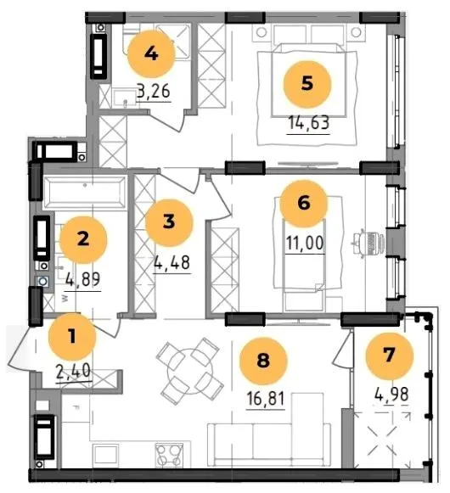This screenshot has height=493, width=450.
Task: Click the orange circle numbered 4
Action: pyautogui.click(x=151, y=53)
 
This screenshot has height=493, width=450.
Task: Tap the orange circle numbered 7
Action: pyautogui.click(x=389, y=356)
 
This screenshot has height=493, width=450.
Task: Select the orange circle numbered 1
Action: pyautogui.click(x=72, y=336)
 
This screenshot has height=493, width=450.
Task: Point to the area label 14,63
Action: pyautogui.click(x=309, y=123)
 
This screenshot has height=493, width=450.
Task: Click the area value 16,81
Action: pyautogui.click(x=266, y=398)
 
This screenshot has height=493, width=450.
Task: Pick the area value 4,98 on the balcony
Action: pyautogui.click(x=391, y=395)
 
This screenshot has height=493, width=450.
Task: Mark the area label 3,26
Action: pyautogui.click(x=154, y=92)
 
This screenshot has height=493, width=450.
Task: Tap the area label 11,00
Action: pyautogui.click(x=305, y=243)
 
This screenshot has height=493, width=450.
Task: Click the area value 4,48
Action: pyautogui.click(x=172, y=262)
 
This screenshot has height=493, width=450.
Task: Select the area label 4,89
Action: pyautogui.click(x=83, y=279)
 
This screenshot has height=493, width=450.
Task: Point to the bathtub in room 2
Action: pyautogui.click(x=85, y=193)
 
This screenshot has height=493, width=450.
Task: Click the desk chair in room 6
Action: pyautogui.click(x=368, y=244)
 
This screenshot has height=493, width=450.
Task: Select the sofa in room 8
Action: pyautogui.click(x=269, y=444)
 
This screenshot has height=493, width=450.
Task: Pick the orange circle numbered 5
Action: pyautogui.click(x=307, y=84)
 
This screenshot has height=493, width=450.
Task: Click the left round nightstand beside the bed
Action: pyautogui.click(x=262, y=32)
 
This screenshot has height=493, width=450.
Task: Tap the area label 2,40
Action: pyautogui.click(x=74, y=371)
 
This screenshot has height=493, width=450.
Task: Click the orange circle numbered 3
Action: pyautogui.click(x=169, y=221)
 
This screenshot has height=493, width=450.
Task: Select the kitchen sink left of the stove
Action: pyautogui.click(x=105, y=455)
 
